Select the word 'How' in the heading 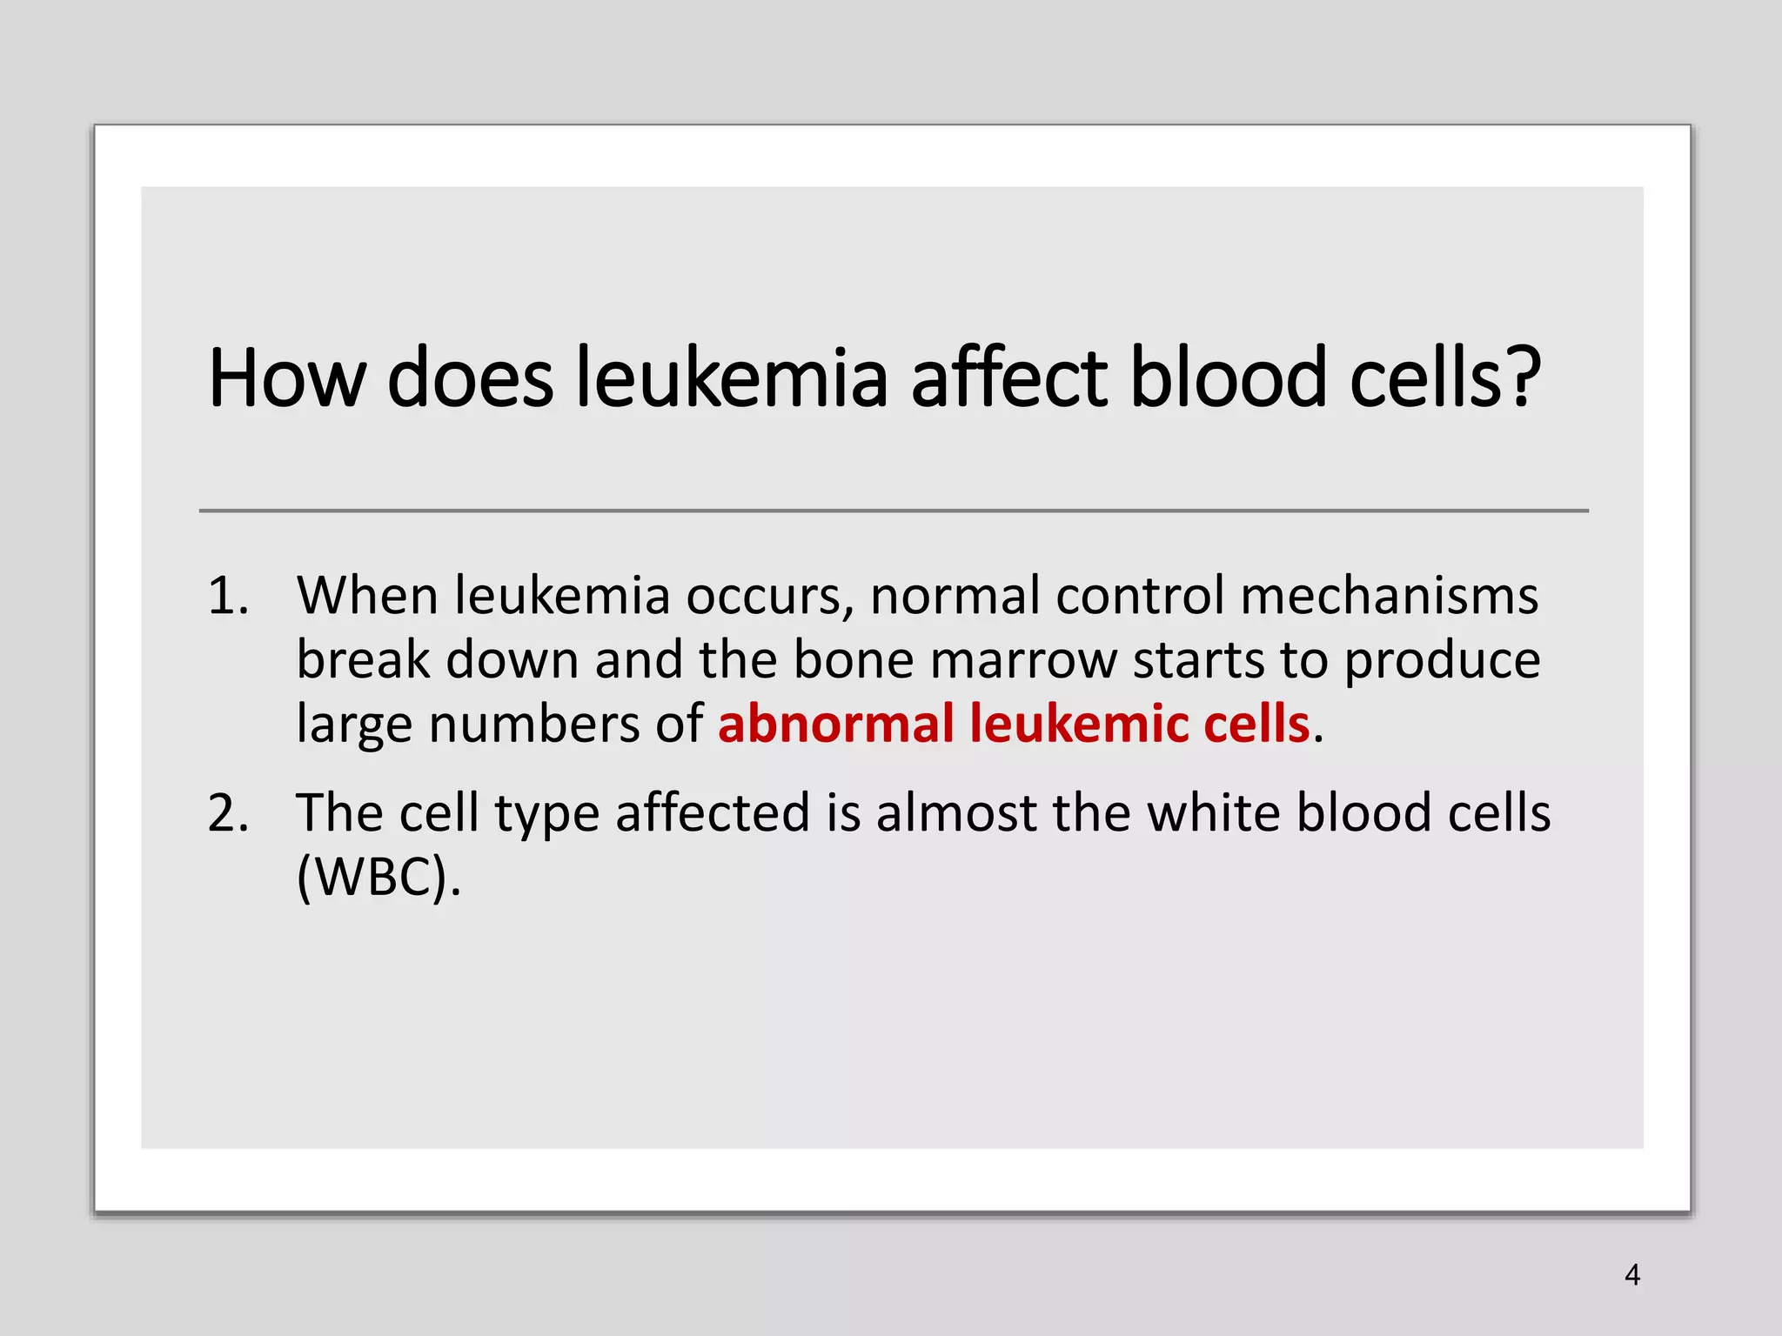click(x=287, y=378)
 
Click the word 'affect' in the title click(x=1009, y=378)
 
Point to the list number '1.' click(x=228, y=597)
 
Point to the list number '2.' click(x=228, y=814)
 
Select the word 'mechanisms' click(x=1390, y=597)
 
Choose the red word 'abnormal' click(x=836, y=724)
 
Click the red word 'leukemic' click(x=1079, y=724)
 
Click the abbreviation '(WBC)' click(x=378, y=878)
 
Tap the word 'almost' click(x=956, y=814)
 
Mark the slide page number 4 click(x=1632, y=1275)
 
